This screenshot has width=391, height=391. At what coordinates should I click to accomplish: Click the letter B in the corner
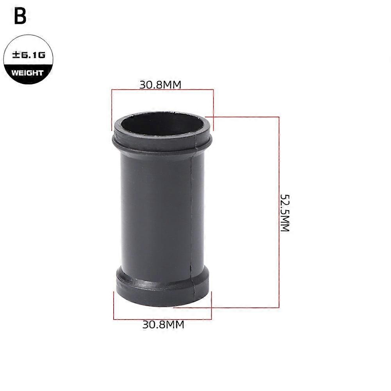(x=20, y=16)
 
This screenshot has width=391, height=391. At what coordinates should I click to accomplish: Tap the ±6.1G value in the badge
(x=29, y=55)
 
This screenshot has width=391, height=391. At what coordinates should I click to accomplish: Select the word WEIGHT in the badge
(x=27, y=73)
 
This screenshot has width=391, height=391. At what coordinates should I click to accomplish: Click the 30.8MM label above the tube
(x=161, y=85)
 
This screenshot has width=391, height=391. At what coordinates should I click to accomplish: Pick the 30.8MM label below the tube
(x=163, y=324)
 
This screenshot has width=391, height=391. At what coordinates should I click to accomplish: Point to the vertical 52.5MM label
(x=285, y=212)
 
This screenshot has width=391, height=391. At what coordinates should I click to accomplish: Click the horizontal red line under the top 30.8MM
(x=162, y=90)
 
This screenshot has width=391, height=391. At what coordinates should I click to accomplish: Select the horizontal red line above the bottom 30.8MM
(x=162, y=320)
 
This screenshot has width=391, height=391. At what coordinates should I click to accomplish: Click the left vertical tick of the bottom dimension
(x=114, y=305)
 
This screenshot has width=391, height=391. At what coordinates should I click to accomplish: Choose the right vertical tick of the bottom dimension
(x=211, y=305)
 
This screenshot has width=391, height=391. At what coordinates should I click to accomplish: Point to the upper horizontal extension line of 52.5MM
(x=242, y=116)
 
